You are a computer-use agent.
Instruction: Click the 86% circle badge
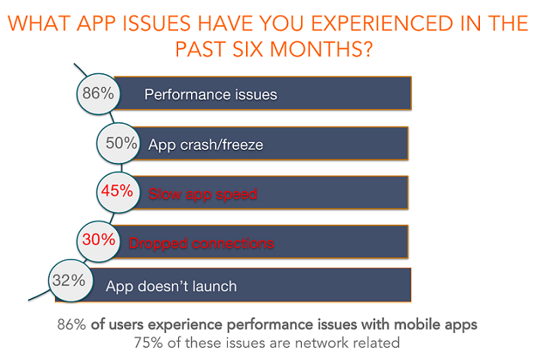pos(98,94)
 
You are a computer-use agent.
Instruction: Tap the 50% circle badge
pos(118,143)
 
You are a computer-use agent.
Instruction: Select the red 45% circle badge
pos(118,192)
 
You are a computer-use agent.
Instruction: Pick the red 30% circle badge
pos(99,241)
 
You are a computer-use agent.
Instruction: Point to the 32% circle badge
pos(71,281)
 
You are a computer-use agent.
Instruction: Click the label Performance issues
pos(211,94)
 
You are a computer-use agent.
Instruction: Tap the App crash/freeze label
pos(206,145)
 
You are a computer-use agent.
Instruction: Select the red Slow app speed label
pos(203,194)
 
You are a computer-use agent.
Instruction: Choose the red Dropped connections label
pos(201,243)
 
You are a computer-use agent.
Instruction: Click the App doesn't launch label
pos(171,286)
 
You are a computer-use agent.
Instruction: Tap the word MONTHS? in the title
pos(321,49)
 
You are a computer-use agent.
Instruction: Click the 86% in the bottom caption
pos(72,325)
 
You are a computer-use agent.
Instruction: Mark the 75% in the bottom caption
pos(148,343)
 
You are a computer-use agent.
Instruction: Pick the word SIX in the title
pos(248,49)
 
